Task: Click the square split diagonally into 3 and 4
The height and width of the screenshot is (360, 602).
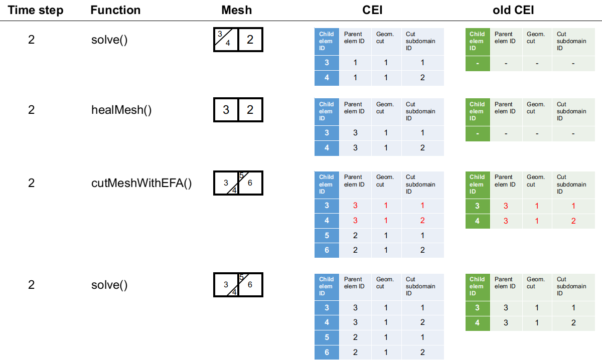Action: (x=226, y=40)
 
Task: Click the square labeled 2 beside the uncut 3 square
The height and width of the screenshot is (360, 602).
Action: (x=250, y=110)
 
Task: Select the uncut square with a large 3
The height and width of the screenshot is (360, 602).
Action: (x=226, y=110)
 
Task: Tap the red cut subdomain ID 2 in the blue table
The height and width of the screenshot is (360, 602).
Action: (x=422, y=221)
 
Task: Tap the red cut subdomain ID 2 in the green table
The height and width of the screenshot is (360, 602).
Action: (x=573, y=221)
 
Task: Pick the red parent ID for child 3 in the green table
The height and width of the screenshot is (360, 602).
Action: (x=506, y=206)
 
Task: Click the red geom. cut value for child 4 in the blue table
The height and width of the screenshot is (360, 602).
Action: (x=386, y=221)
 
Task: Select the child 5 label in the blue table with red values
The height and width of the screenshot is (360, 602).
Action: (x=327, y=236)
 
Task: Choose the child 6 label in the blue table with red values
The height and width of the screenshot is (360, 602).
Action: (x=327, y=250)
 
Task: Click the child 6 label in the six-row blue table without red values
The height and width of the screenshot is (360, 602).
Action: (x=327, y=352)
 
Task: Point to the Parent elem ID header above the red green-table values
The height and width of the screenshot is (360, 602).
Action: (x=505, y=181)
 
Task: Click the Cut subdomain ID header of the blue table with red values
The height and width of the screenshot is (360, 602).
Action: (x=420, y=184)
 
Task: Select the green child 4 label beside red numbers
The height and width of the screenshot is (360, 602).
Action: (x=477, y=221)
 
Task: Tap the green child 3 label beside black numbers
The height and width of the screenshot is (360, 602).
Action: (x=477, y=308)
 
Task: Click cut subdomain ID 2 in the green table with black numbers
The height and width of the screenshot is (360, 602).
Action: (x=573, y=323)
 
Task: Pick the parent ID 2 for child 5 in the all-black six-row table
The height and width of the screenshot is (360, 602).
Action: (x=355, y=338)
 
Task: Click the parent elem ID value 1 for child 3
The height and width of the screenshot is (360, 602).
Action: (x=355, y=63)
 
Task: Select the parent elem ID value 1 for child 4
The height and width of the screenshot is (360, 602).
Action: (x=355, y=78)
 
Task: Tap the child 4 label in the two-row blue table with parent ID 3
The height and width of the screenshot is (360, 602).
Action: (x=327, y=148)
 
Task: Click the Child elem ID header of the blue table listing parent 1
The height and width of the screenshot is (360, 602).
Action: (x=326, y=41)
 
